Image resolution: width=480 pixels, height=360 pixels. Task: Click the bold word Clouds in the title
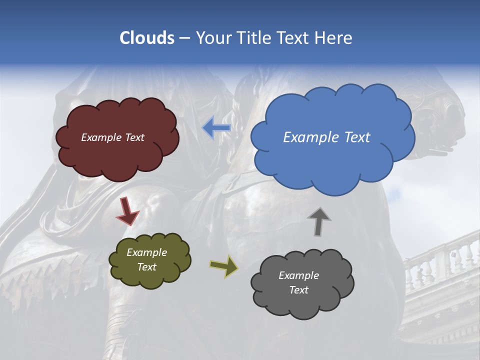(x=147, y=38)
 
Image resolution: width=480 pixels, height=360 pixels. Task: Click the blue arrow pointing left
(x=216, y=127)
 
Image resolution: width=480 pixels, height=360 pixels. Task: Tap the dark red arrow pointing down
(x=127, y=210)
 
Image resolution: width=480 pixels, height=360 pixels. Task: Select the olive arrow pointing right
(x=223, y=266)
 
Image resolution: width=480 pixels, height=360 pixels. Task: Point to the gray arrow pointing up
(x=319, y=221)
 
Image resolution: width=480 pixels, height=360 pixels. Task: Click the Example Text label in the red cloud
(x=112, y=137)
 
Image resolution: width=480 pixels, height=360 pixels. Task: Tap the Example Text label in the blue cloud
(x=326, y=137)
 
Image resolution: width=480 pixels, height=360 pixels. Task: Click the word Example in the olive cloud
(x=146, y=252)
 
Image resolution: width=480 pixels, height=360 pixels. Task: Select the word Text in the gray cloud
(x=298, y=290)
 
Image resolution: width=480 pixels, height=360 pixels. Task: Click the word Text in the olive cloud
(x=146, y=267)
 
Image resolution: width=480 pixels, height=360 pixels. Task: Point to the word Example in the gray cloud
(x=298, y=275)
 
